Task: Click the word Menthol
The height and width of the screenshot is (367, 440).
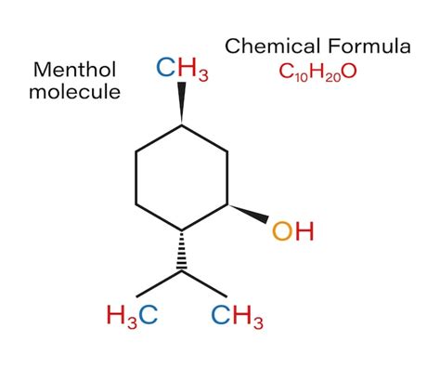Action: click(74, 70)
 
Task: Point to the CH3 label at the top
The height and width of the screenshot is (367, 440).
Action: click(182, 69)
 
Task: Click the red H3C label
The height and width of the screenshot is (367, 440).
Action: click(132, 315)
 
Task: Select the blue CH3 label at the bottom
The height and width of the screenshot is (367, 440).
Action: click(237, 315)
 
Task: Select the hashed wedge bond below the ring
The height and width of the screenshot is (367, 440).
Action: click(182, 251)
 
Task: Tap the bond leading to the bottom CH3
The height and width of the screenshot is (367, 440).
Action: click(206, 285)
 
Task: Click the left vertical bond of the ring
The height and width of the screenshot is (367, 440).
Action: click(136, 177)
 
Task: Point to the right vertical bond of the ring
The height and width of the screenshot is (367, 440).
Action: click(228, 177)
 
